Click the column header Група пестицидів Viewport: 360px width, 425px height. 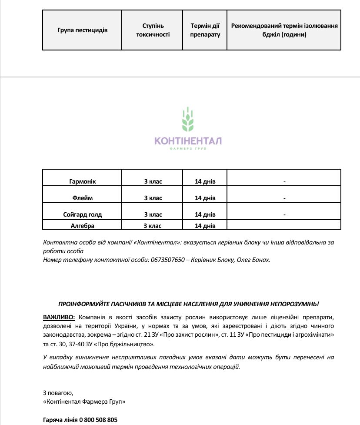[x=82, y=30]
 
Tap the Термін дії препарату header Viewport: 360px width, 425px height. [x=205, y=30]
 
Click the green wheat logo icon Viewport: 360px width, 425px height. [x=188, y=120]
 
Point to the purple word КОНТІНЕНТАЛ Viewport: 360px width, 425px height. [x=188, y=141]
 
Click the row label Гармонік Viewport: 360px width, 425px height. [x=82, y=181]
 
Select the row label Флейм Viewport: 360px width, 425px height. [x=82, y=198]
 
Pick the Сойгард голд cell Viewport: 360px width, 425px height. [x=82, y=214]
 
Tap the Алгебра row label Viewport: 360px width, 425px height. [x=82, y=226]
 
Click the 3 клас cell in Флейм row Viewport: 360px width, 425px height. [x=153, y=198]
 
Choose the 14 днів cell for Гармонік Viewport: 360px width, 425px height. [x=205, y=181]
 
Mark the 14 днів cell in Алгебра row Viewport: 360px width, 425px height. [x=205, y=226]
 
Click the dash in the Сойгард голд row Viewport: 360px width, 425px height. [x=284, y=214]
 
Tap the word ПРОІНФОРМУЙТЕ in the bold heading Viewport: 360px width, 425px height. [x=83, y=304]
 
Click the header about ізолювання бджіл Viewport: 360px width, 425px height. [x=284, y=30]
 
